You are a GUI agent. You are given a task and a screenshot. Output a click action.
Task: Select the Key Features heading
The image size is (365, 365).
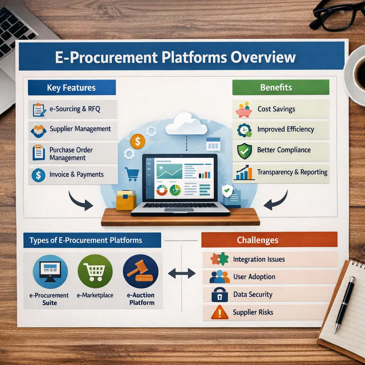point(71,88)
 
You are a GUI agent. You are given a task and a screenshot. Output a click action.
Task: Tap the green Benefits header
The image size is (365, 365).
point(276,87)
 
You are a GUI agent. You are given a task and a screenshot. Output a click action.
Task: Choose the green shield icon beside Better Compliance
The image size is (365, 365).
point(245,151)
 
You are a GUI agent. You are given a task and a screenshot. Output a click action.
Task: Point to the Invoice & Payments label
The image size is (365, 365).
point(77,175)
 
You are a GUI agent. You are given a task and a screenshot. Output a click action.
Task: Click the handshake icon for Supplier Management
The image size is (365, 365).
point(38,131)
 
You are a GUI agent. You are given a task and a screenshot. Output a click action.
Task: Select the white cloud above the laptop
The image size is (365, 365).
point(186,123)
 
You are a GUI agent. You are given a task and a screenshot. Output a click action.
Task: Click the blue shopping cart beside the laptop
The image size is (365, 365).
point(132,174)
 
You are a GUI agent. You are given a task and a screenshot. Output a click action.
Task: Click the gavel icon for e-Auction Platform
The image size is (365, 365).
point(140,272)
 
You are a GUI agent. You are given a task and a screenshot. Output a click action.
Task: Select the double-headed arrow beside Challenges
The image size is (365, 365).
point(182,273)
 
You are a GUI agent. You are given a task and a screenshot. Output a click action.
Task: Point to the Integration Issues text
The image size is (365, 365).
point(259,259)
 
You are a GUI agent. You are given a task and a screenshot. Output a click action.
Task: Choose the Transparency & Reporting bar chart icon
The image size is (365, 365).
point(245,173)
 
